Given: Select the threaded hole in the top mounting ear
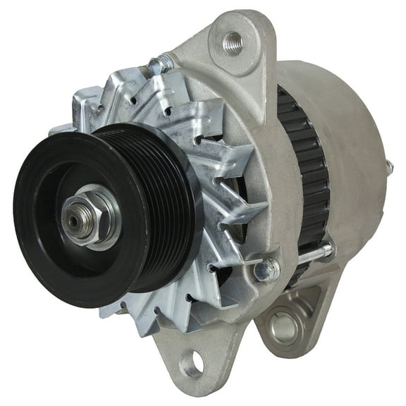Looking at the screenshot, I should click(x=233, y=42).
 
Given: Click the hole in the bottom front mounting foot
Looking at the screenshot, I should click(x=192, y=364).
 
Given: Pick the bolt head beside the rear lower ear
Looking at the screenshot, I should click(x=267, y=269).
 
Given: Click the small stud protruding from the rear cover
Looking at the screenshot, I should click(x=388, y=167).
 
